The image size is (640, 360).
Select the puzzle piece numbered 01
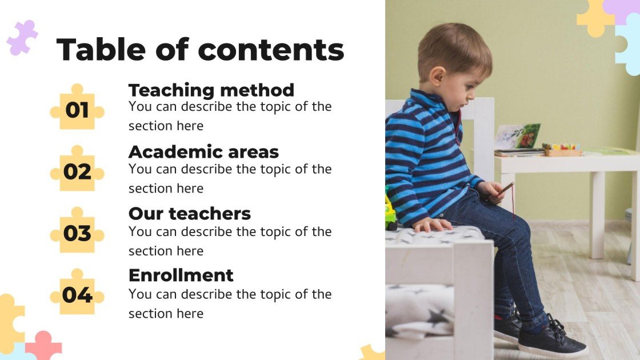tap(77, 109)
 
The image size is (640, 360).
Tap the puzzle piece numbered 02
tap(77, 171)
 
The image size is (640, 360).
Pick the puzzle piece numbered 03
tap(77, 233)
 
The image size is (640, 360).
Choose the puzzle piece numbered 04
tap(77, 295)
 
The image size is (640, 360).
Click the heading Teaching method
tap(211, 90)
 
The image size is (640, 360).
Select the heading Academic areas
tap(203, 152)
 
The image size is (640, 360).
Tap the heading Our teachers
tap(189, 214)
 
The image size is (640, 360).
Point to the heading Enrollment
tap(181, 275)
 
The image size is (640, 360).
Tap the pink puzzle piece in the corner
tap(43, 346)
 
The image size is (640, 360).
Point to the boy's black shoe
tap(551, 341)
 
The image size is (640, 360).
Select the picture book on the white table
tap(518, 137)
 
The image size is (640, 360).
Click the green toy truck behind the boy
tap(390, 211)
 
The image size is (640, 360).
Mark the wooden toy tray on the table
tap(563, 150)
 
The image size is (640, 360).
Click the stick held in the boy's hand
tap(506, 189)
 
